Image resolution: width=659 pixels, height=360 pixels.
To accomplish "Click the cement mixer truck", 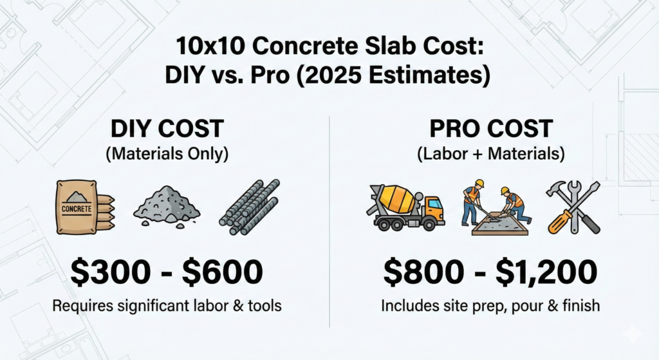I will [x=406, y=206].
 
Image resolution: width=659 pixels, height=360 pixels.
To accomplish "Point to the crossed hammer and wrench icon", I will [x=573, y=206].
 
